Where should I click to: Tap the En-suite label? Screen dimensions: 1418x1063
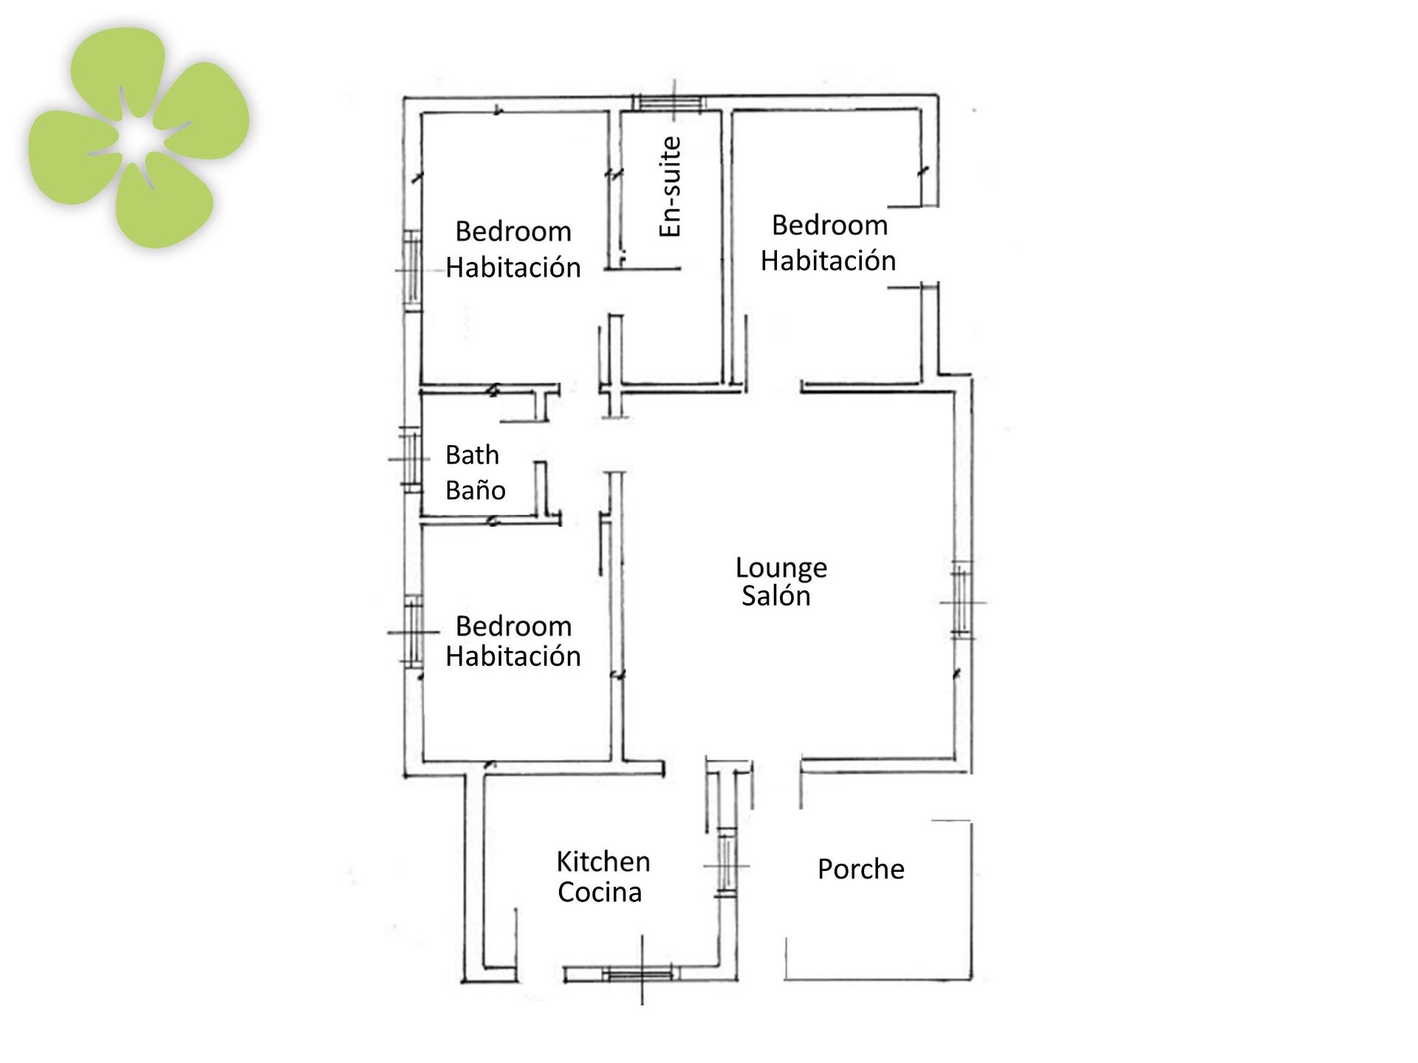pos(670,187)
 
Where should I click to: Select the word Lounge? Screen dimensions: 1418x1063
pos(781,568)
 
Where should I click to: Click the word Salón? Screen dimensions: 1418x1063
pos(776,596)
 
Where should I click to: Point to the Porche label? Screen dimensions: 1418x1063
pos(861,869)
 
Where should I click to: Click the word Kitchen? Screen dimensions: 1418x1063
pos(603,861)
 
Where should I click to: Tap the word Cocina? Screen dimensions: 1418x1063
pos(600,892)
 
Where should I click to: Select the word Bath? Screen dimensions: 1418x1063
pos(472,455)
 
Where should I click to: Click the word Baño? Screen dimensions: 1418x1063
pos(476,489)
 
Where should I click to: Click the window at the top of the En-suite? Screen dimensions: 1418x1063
pos(671,103)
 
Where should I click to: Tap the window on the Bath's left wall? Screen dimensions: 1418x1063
pos(411,458)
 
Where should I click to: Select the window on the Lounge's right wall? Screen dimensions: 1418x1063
pos(961,601)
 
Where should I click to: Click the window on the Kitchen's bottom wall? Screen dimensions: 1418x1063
pos(640,974)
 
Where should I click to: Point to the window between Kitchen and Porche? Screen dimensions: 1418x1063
pos(727,864)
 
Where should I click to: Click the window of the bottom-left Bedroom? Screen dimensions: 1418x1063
pos(414,632)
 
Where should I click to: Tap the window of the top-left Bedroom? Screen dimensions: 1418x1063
pos(412,270)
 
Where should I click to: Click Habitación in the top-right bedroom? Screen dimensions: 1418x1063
pos(828,261)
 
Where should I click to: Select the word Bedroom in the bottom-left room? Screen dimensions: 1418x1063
pos(513,626)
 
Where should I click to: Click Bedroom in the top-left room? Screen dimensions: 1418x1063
pos(513,232)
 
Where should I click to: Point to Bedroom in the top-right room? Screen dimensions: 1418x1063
pos(829,225)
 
